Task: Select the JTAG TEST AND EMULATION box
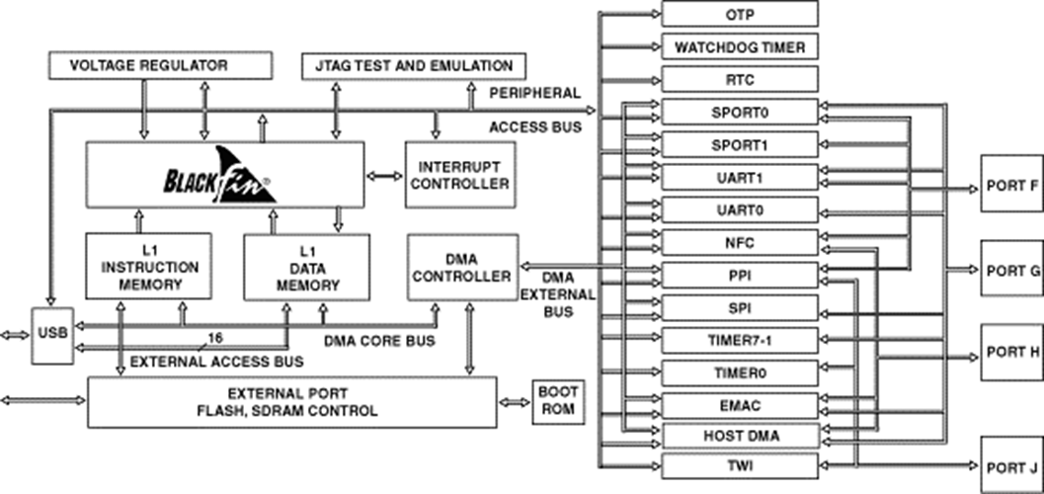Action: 414,66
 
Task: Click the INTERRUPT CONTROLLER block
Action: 458,174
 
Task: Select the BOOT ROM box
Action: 557,401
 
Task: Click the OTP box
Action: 739,14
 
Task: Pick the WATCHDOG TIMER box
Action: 739,46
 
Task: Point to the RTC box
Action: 739,79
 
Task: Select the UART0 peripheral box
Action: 739,209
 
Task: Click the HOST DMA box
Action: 739,434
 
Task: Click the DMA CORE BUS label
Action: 378,341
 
